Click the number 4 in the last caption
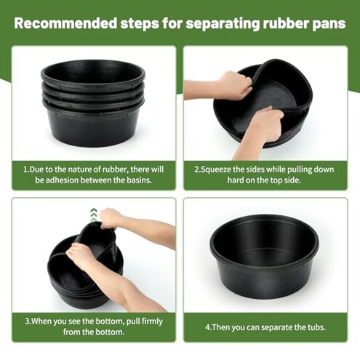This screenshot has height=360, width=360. [208, 326]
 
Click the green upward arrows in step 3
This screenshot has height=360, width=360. [93, 213]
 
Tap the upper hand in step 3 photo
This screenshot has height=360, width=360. [112, 217]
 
